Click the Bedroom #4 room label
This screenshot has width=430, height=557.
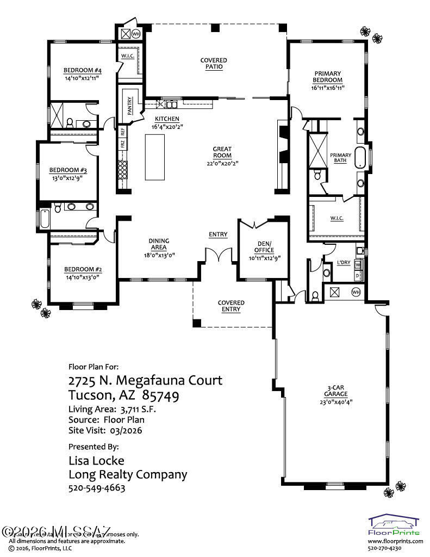[83, 70]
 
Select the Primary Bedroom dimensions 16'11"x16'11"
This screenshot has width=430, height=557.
[328, 87]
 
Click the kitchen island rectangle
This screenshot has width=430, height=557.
[155, 157]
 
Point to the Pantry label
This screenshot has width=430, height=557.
[130, 106]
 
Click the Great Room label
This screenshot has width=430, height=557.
[222, 152]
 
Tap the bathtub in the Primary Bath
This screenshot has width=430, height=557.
[360, 156]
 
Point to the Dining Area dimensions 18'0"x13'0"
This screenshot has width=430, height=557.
[159, 255]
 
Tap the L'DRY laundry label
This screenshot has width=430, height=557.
[344, 263]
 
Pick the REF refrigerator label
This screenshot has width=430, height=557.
[123, 131]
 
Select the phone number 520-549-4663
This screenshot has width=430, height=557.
[97, 488]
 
